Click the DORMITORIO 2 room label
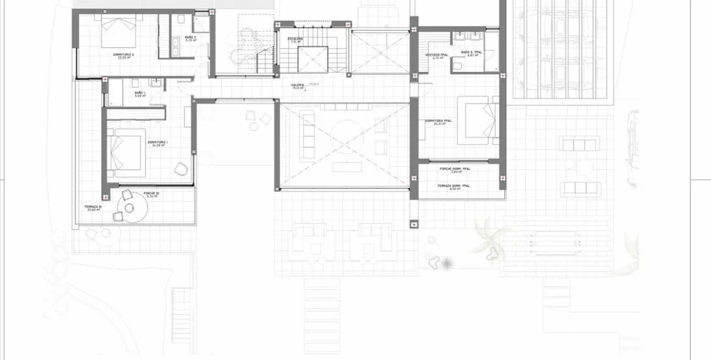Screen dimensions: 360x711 123,55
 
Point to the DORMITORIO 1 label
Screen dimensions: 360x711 157,142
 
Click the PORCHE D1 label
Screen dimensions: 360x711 151,194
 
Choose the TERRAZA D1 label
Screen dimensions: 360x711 93,207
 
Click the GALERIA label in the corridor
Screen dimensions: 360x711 298,85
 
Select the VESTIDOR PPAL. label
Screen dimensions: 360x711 437,56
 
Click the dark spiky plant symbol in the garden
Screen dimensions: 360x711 447,263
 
